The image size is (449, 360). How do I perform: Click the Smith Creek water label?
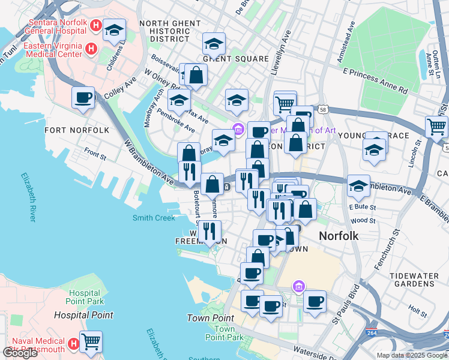tap(154, 218)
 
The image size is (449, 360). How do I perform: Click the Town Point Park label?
tap(224, 333)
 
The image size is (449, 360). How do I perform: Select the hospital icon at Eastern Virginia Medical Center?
tap(91, 48)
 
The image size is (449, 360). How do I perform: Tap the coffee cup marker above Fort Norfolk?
tap(83, 97)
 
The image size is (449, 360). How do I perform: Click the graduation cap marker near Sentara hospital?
tap(114, 29)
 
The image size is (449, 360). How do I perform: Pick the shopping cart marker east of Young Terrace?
tap(436, 126)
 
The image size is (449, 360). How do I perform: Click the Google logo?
tap(20, 353)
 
